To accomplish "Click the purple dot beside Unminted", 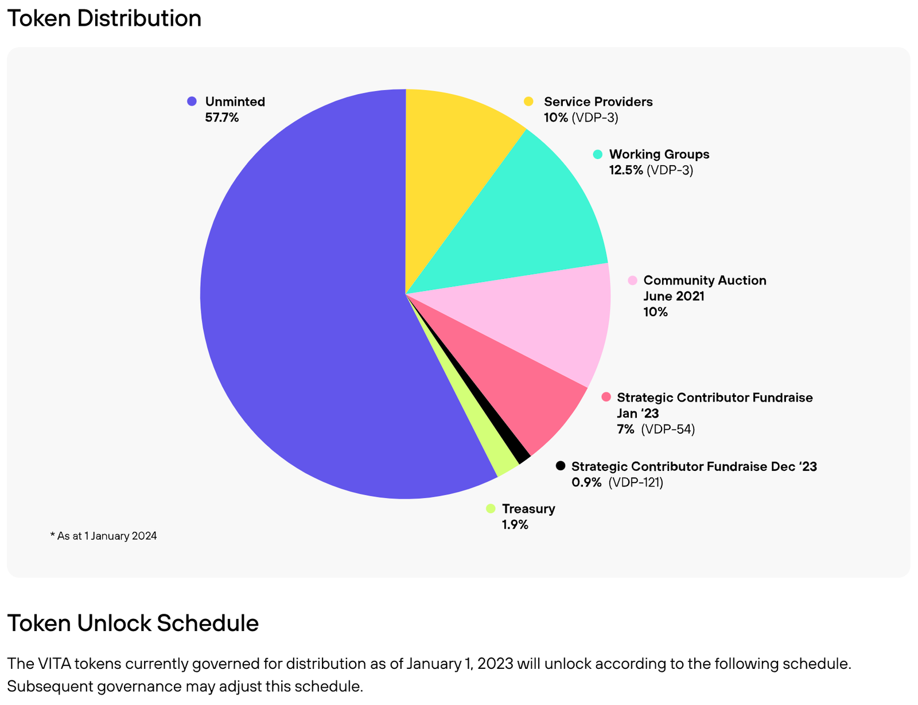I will [192, 102].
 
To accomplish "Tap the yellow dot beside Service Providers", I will [528, 102].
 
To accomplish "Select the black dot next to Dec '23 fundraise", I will [561, 466].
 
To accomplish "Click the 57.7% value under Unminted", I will [221, 118].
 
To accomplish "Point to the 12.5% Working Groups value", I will [626, 170].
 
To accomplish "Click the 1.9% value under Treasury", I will [515, 525].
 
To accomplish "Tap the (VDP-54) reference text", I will [668, 429].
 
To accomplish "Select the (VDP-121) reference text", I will [636, 482].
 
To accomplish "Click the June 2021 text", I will [674, 296].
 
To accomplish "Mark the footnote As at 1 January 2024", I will [104, 536].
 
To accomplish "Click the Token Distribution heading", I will [104, 18].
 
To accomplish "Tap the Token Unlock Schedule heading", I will [133, 623].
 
